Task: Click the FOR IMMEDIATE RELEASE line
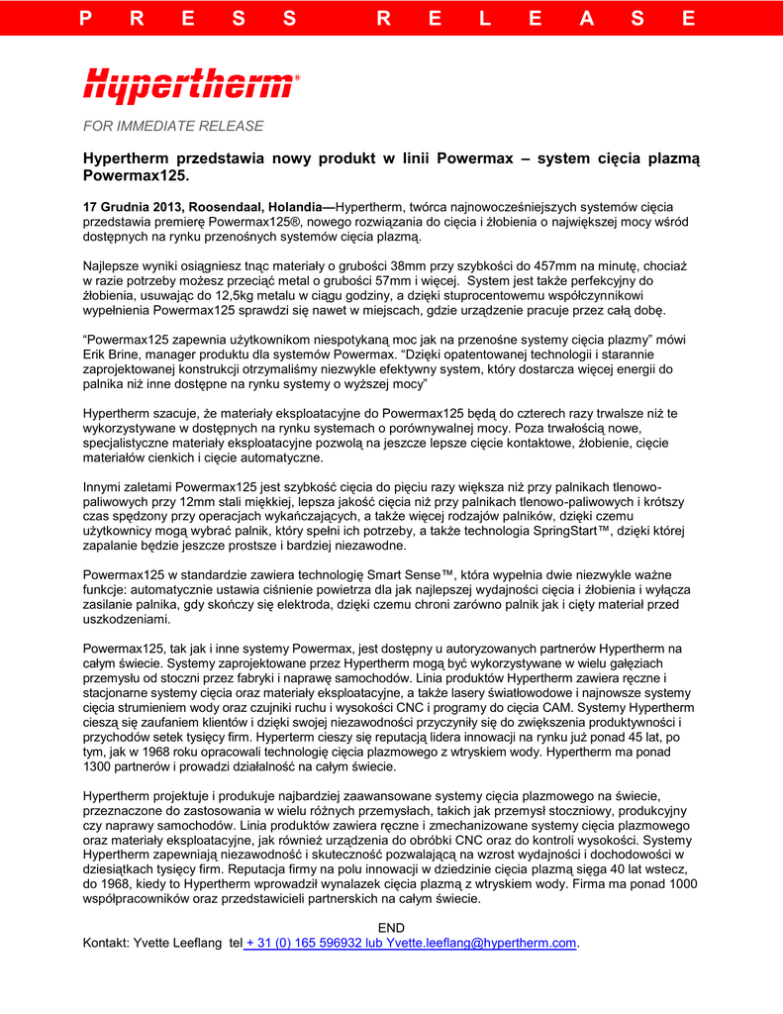[173, 126]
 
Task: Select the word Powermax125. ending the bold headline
[135, 175]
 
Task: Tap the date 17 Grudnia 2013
[131, 206]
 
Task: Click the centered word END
[393, 928]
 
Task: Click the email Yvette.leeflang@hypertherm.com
[481, 943]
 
